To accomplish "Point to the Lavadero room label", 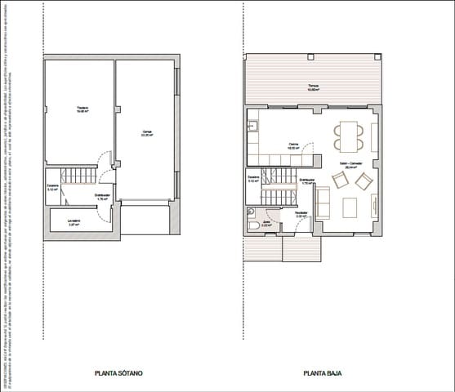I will click(x=74, y=220).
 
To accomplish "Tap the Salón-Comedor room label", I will click(x=351, y=164).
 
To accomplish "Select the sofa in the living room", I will click(x=323, y=201).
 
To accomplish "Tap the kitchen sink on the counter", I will click(x=253, y=126).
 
